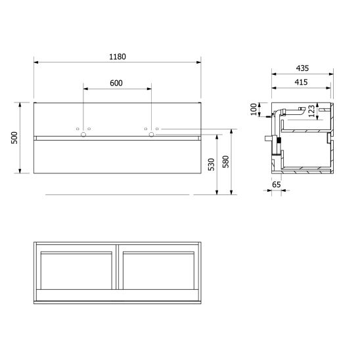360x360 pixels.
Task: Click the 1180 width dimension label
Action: pos(117,56)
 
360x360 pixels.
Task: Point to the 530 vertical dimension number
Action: pos(211,164)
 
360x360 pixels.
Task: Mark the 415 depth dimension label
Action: pos(302,82)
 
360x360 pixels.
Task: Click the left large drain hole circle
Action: pos(83,135)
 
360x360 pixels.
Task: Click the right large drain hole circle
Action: pos(151,135)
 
